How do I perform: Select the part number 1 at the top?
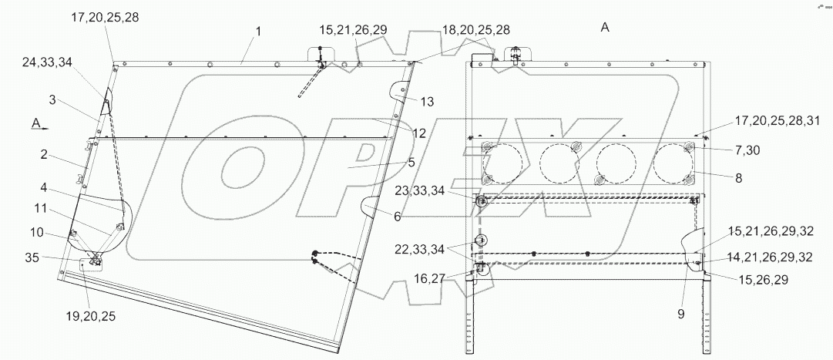click(259, 32)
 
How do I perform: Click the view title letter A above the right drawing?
click(605, 28)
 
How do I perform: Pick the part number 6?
click(397, 217)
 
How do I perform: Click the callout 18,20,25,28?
click(476, 29)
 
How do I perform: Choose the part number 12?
click(418, 133)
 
